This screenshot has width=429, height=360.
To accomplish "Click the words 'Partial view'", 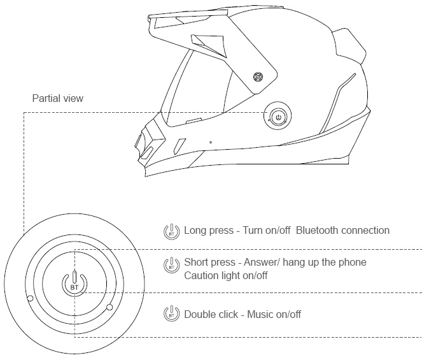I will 58,99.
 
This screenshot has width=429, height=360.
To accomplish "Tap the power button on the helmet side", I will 278,117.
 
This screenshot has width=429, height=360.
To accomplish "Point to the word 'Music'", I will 261,314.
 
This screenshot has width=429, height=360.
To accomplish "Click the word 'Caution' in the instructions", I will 201,276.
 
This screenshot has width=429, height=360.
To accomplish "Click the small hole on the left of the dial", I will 29,299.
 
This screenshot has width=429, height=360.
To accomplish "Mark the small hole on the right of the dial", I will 109,307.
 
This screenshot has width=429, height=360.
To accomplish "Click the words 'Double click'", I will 209,314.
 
